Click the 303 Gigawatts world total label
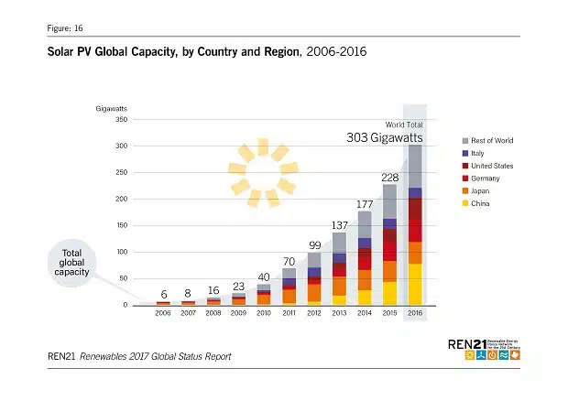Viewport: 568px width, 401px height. (x=384, y=137)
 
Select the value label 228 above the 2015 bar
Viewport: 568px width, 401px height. (x=389, y=177)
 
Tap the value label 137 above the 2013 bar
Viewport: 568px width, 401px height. (x=339, y=224)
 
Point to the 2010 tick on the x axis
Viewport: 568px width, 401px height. (x=264, y=313)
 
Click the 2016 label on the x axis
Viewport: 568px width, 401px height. (x=415, y=313)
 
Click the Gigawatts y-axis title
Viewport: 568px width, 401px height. (x=113, y=108)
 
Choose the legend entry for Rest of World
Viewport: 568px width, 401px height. (x=491, y=140)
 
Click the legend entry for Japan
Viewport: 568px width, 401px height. (x=480, y=190)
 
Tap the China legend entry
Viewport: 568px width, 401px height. (x=479, y=203)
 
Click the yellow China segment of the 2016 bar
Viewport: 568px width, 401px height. (x=415, y=284)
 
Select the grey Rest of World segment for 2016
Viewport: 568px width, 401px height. (x=415, y=166)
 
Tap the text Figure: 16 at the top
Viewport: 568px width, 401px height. (x=64, y=28)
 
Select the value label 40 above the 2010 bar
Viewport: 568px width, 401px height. (x=264, y=276)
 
